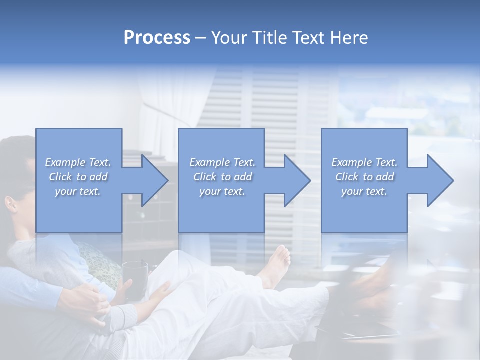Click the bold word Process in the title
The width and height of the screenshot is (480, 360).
[157, 38]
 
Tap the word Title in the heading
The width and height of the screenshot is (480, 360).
[268, 38]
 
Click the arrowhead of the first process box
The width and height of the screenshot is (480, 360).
[155, 180]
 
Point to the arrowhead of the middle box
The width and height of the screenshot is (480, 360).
[298, 180]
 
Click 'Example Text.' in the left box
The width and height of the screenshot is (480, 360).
[78, 162]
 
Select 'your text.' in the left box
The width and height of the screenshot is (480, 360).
[78, 191]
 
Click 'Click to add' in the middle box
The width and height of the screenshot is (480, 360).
[222, 177]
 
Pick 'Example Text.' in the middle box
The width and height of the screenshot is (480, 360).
[222, 162]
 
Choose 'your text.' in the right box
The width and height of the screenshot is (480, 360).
[364, 191]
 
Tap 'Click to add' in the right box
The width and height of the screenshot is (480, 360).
[364, 177]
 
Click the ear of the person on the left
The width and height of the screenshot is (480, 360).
[11, 204]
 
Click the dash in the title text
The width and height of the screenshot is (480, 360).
[200, 38]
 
